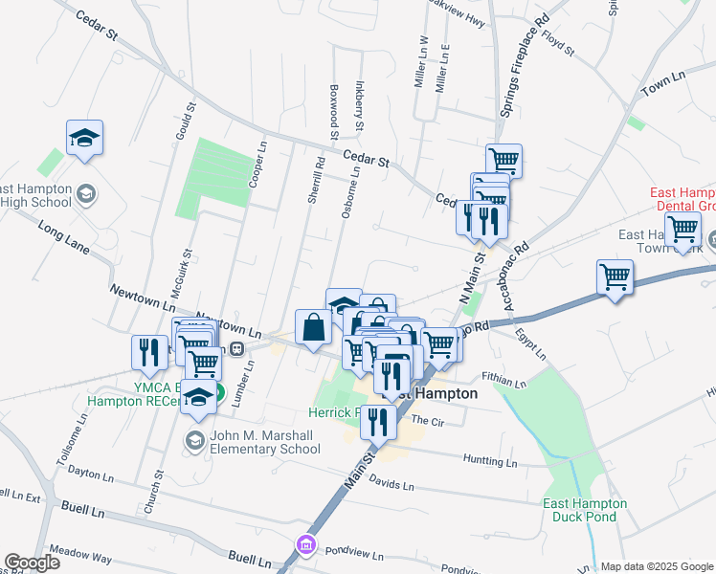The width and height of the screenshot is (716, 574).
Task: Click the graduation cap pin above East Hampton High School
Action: pyautogui.click(x=84, y=138)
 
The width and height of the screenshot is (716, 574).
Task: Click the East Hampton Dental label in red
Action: pyautogui.click(x=682, y=199)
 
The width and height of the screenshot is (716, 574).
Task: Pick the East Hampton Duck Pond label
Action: pyautogui.click(x=584, y=510)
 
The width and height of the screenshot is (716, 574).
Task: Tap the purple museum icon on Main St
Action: pyautogui.click(x=306, y=545)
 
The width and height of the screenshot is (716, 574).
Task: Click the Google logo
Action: pyautogui.click(x=32, y=563)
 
